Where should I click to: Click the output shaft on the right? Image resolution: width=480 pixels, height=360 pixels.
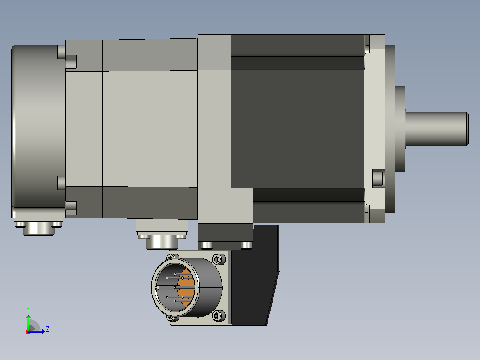click(x=437, y=129)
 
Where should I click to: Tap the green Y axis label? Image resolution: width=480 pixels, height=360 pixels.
click(x=28, y=310)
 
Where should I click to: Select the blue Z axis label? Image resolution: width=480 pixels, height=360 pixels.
click(x=48, y=329)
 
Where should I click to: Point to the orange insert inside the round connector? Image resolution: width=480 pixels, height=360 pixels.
click(x=187, y=287)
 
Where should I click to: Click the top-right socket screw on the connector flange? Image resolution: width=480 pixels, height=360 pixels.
click(x=218, y=259)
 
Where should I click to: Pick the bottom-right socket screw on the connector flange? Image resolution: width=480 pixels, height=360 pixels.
click(x=218, y=315)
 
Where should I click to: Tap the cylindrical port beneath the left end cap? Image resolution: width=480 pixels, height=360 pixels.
click(x=39, y=228)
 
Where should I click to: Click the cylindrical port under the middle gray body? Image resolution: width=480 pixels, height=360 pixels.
click(x=162, y=241)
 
